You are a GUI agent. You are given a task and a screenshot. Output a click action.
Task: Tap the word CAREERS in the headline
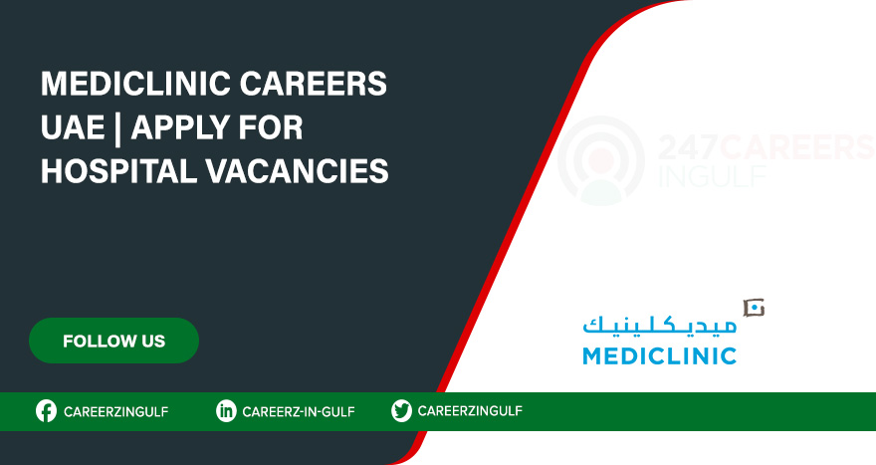[321, 86]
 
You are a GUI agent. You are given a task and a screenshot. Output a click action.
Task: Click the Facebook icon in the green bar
[46, 411]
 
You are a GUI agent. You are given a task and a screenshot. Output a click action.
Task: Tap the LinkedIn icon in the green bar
[226, 411]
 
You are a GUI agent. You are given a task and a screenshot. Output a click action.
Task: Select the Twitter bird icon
[401, 411]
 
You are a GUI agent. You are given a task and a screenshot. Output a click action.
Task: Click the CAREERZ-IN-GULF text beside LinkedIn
[299, 411]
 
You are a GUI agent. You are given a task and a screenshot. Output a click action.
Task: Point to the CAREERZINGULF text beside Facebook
[115, 411]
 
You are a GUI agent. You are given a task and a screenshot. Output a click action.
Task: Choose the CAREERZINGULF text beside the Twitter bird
[470, 411]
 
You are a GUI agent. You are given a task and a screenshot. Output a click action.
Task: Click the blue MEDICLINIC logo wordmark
[659, 355]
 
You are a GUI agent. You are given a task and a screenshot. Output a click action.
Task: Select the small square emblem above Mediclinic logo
[754, 308]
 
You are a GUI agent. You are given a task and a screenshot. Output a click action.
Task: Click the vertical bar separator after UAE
[119, 128]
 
